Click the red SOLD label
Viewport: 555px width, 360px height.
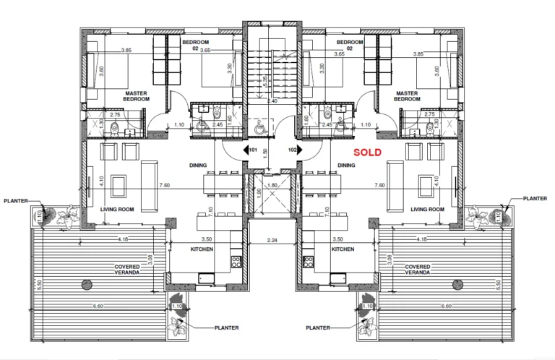367,153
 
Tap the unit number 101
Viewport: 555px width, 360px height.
253,150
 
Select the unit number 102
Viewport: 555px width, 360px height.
292,150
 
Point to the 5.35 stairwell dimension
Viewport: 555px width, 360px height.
265,82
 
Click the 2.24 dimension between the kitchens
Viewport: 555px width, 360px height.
272,240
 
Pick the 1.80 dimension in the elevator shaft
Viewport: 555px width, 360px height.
272,185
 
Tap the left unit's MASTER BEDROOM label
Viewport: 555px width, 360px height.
137,96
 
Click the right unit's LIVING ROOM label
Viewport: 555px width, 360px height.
427,209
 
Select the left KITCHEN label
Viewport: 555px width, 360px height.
202,249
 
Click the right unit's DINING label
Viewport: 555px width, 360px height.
346,166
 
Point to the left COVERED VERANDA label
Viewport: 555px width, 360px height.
126,270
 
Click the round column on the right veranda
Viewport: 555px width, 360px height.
457,284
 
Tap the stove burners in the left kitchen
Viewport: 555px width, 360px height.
236,262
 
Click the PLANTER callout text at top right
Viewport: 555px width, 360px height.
535,199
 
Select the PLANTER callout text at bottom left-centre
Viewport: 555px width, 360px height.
226,327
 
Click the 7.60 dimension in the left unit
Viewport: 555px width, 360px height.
165,185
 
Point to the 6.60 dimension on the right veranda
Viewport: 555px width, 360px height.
447,307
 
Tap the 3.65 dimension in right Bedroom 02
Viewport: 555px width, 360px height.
340,54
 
